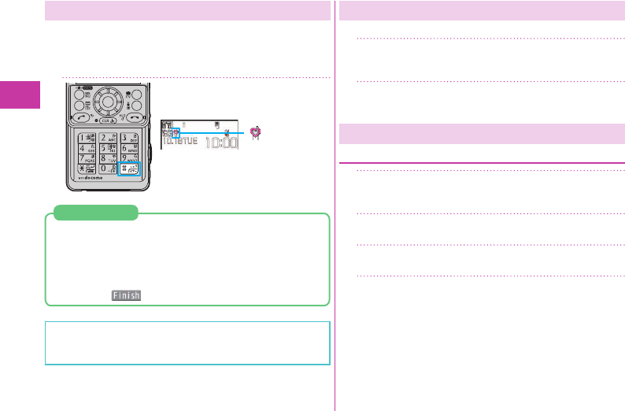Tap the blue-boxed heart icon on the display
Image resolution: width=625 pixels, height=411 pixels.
click(176, 133)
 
